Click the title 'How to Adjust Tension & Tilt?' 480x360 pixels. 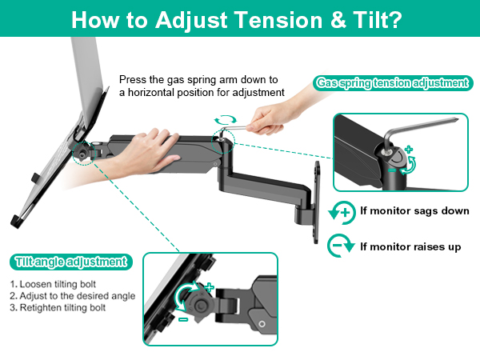[x=240, y=20]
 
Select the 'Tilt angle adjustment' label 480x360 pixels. [x=70, y=261]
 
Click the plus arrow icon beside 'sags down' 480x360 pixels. [x=342, y=212]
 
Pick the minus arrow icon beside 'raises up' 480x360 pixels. [x=342, y=246]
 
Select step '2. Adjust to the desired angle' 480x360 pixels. [x=73, y=295]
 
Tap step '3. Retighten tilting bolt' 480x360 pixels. [x=58, y=307]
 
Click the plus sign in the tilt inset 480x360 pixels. [x=210, y=286]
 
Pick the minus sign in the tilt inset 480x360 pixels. [x=183, y=319]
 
